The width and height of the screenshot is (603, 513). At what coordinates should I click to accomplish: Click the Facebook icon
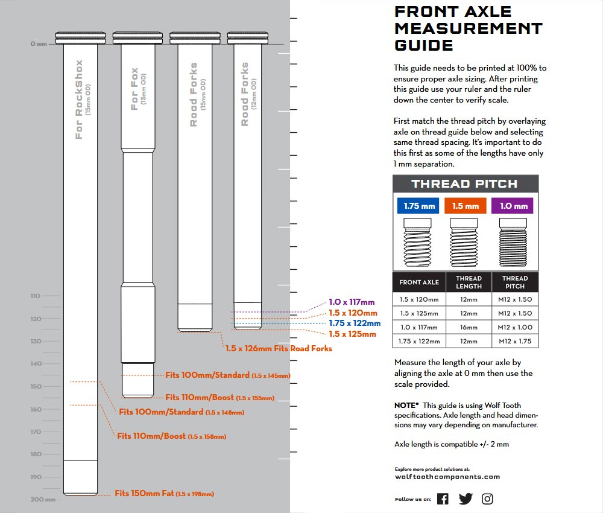point(443,499)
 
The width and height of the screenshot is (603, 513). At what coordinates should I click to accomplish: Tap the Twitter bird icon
point(466,499)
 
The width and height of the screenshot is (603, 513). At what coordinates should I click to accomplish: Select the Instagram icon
point(487,499)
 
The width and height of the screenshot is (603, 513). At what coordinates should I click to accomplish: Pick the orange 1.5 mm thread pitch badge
point(465,206)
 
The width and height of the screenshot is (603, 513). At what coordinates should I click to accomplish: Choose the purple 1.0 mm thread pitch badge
point(513,206)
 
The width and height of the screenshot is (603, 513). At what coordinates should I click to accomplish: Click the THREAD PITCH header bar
point(465,184)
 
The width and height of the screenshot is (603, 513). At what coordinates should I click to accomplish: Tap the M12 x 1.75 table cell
point(514,341)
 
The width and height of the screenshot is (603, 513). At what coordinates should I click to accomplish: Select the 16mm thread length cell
point(468,327)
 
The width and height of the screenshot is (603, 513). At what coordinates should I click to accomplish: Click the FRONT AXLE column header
point(419,282)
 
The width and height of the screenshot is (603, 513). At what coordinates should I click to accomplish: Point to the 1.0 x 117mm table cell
point(419,327)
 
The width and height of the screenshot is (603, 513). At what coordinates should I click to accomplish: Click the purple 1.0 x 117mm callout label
point(352,302)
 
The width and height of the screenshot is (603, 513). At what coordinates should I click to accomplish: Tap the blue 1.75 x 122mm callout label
point(355,323)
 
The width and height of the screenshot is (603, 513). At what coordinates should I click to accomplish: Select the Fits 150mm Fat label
point(164,494)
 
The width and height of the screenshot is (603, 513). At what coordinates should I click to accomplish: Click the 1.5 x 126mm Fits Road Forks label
point(279,349)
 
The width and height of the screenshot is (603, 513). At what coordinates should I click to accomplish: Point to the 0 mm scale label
point(39,44)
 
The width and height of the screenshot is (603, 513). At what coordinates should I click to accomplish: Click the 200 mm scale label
point(38,499)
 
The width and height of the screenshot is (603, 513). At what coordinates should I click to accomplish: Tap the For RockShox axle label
point(80,100)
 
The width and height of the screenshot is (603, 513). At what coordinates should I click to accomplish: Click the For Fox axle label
point(135,89)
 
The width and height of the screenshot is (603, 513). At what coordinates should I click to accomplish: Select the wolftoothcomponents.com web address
point(447,477)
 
